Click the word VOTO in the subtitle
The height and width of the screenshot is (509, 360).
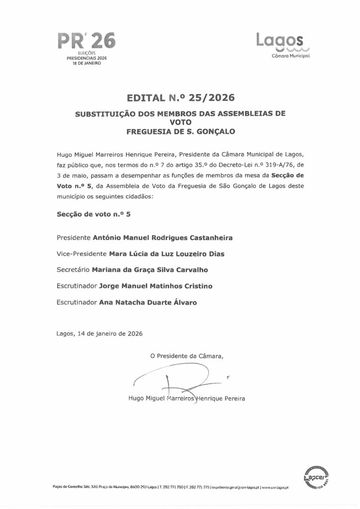[180, 122]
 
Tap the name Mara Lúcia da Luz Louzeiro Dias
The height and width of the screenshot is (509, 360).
[167, 254]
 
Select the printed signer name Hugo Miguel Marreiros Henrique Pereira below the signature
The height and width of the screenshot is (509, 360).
[186, 398]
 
